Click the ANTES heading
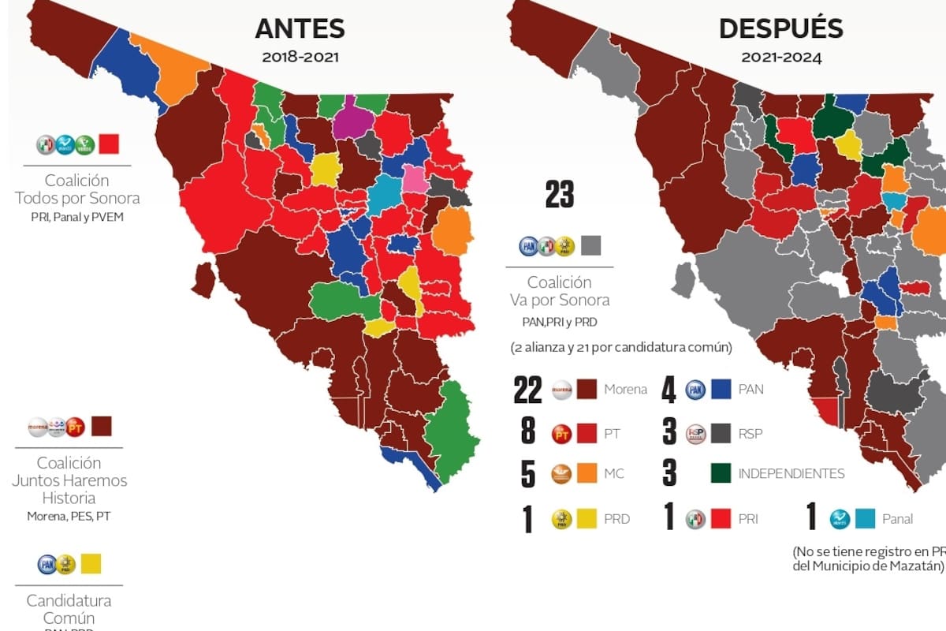[300, 28]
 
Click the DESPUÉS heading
[780, 28]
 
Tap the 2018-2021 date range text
[300, 58]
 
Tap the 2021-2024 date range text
[781, 58]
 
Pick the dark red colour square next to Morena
[587, 388]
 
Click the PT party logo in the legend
[561, 432]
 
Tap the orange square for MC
[587, 475]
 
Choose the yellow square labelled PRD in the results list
[587, 518]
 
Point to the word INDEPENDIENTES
[791, 474]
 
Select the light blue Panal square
[866, 518]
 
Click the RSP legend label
[750, 433]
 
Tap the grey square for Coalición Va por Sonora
[590, 245]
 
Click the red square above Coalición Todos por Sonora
[109, 144]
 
